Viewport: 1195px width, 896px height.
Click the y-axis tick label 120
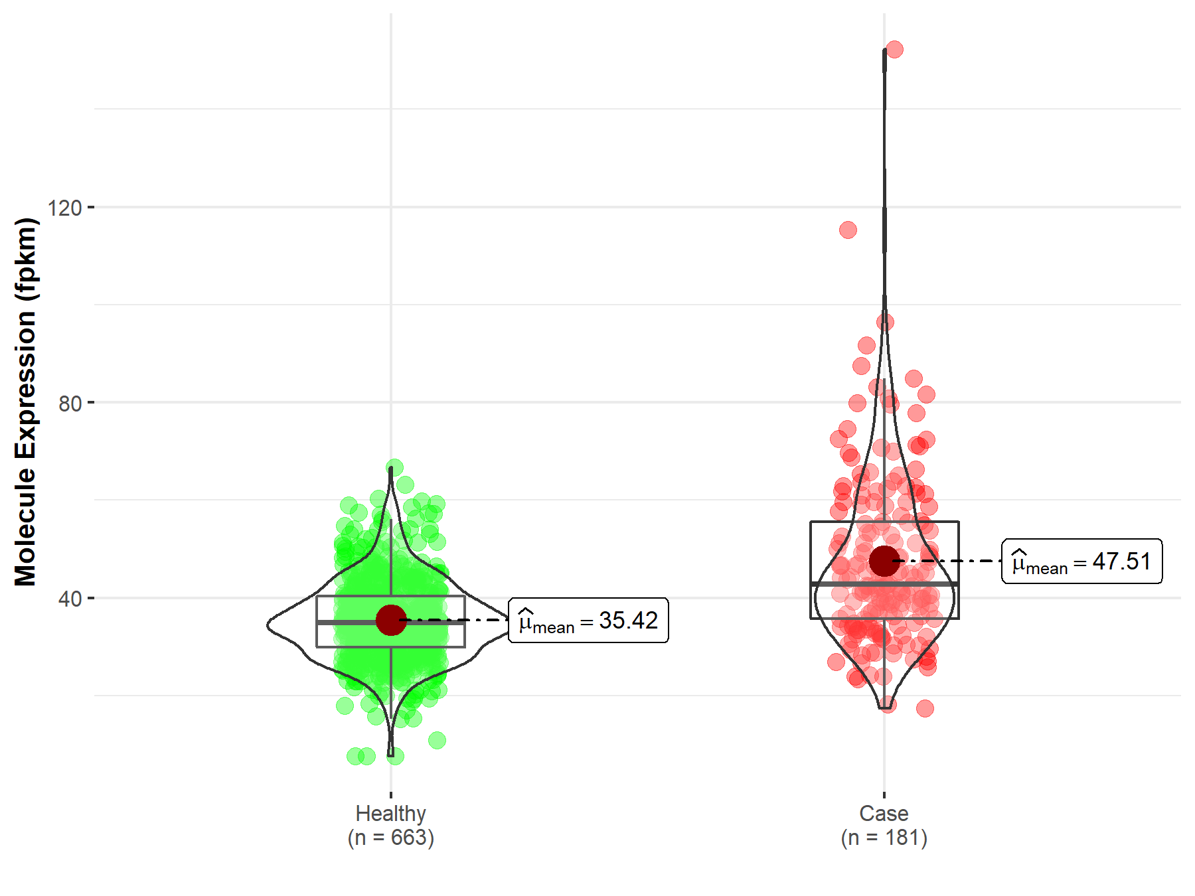pos(64,208)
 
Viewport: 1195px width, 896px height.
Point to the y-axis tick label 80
pos(70,403)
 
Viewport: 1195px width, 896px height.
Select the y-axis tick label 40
pos(70,599)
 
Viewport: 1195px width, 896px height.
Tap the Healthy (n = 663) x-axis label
pos(390,825)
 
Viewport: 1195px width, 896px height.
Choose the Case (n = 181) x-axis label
pos(884,825)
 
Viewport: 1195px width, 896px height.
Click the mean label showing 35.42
pos(588,621)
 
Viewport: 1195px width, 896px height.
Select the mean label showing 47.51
pos(1081,561)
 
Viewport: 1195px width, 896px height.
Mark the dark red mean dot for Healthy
pos(391,620)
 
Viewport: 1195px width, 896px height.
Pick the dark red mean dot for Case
pos(884,561)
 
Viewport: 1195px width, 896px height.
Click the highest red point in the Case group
pos(894,49)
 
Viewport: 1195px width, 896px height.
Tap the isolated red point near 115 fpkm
pos(848,230)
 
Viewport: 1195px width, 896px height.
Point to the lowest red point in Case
pos(925,708)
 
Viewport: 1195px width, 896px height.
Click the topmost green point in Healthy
pos(394,467)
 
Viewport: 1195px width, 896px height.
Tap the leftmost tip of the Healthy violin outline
pos(268,625)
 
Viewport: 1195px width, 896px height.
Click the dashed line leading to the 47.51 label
pos(949,561)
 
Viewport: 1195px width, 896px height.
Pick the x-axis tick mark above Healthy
pos(391,794)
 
